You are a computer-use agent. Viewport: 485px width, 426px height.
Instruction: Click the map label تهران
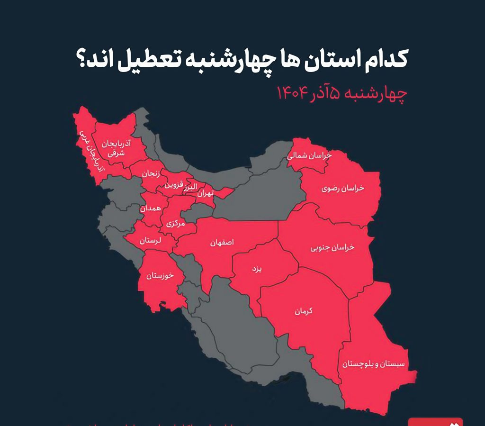pos(206,193)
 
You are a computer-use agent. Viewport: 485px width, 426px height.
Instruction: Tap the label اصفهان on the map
pos(222,242)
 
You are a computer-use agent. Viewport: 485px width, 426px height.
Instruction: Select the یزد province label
pos(256,269)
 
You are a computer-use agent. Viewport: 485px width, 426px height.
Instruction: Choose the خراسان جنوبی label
pos(332,248)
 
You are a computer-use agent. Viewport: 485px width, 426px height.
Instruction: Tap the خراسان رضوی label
pos(343,188)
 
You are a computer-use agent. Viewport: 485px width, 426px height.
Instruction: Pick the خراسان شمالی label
pos(310,155)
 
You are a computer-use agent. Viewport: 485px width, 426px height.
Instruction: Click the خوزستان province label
pos(161,275)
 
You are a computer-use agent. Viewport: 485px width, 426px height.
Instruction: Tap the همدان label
pos(150,208)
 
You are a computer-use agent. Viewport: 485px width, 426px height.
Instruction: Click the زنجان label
pos(151,173)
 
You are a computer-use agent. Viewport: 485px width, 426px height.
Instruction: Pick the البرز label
pos(191,187)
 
